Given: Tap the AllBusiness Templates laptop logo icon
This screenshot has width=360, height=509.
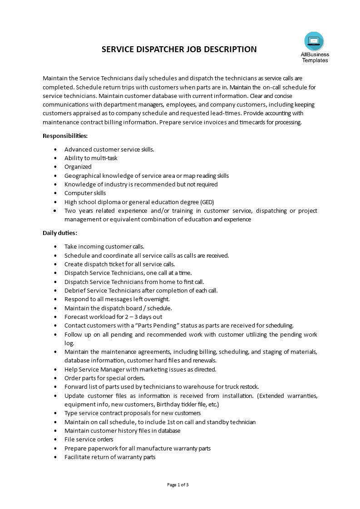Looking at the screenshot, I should click(314, 41).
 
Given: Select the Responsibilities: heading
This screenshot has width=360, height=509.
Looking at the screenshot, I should click(65, 136).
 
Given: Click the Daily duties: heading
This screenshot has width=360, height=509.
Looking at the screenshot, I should click(60, 233).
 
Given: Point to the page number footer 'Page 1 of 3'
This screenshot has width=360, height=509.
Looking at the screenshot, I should click(178, 485).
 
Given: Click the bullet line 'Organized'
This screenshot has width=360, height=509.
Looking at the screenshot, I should click(78, 167).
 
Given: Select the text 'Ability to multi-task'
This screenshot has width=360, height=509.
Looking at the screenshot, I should click(91, 158).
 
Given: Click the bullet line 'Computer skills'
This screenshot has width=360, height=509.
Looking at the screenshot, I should click(85, 193).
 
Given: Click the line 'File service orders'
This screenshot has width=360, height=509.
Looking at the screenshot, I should click(89, 440).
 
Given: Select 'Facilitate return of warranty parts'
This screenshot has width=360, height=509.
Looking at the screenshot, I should click(110, 457).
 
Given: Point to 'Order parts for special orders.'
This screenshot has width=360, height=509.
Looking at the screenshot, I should click(105, 378).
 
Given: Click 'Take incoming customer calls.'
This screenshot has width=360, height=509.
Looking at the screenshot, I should click(104, 246).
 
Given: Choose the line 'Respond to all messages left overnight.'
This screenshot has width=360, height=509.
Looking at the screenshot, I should click(117, 299).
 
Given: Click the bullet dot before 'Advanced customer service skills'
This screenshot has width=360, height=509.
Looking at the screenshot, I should click(55, 149).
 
